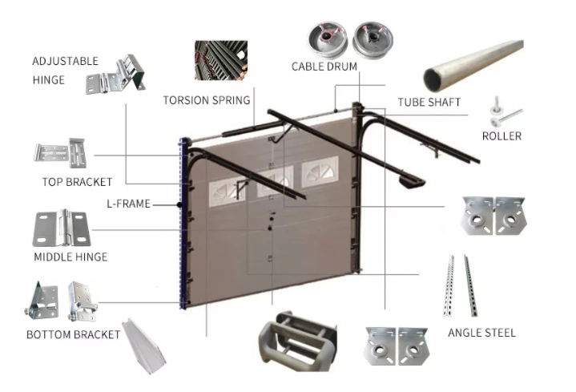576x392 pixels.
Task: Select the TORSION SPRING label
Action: (x=207, y=101)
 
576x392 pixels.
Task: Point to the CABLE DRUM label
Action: (x=324, y=67)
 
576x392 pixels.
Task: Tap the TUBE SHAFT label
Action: (x=429, y=102)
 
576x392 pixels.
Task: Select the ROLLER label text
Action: (x=501, y=136)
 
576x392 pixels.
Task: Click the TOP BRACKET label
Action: (x=77, y=182)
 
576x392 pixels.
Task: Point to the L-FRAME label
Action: (x=130, y=204)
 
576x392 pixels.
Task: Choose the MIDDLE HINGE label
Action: (x=70, y=257)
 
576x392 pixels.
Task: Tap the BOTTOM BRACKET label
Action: (x=73, y=334)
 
